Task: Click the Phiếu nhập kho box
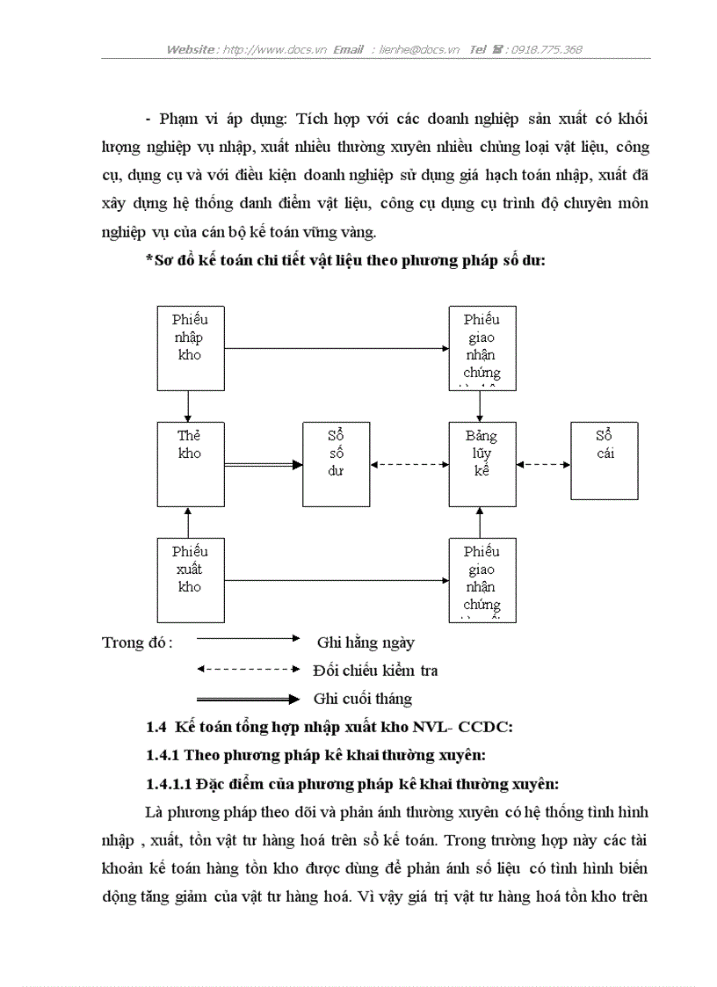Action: (190, 348)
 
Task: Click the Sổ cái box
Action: (605, 461)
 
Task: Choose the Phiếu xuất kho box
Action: (190, 580)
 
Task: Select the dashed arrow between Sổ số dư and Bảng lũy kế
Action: (409, 464)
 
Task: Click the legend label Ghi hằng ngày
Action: (366, 642)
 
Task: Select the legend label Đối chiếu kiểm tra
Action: (375, 671)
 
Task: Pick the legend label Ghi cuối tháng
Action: (362, 699)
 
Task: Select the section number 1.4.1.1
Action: (169, 783)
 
